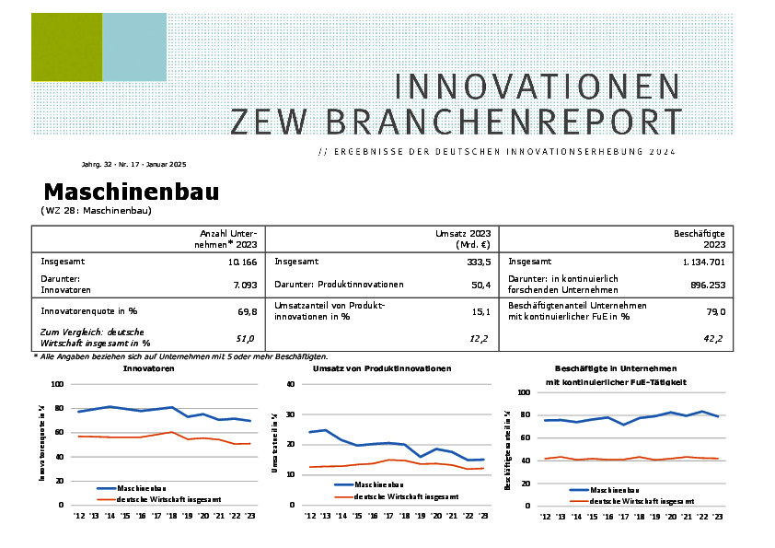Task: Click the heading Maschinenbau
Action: [131, 192]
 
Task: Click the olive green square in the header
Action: [66, 47]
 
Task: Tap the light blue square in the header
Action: [134, 47]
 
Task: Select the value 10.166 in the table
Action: [241, 262]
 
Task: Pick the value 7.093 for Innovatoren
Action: [244, 286]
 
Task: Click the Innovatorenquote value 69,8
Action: [247, 311]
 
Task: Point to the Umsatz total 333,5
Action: [474, 262]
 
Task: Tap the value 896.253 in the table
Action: [707, 286]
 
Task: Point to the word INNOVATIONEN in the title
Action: [538, 87]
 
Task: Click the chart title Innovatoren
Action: [149, 368]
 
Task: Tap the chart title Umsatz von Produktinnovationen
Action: [381, 368]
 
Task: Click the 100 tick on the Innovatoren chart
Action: [58, 384]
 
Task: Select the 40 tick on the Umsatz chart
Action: [290, 384]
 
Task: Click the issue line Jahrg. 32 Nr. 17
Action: [133, 164]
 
